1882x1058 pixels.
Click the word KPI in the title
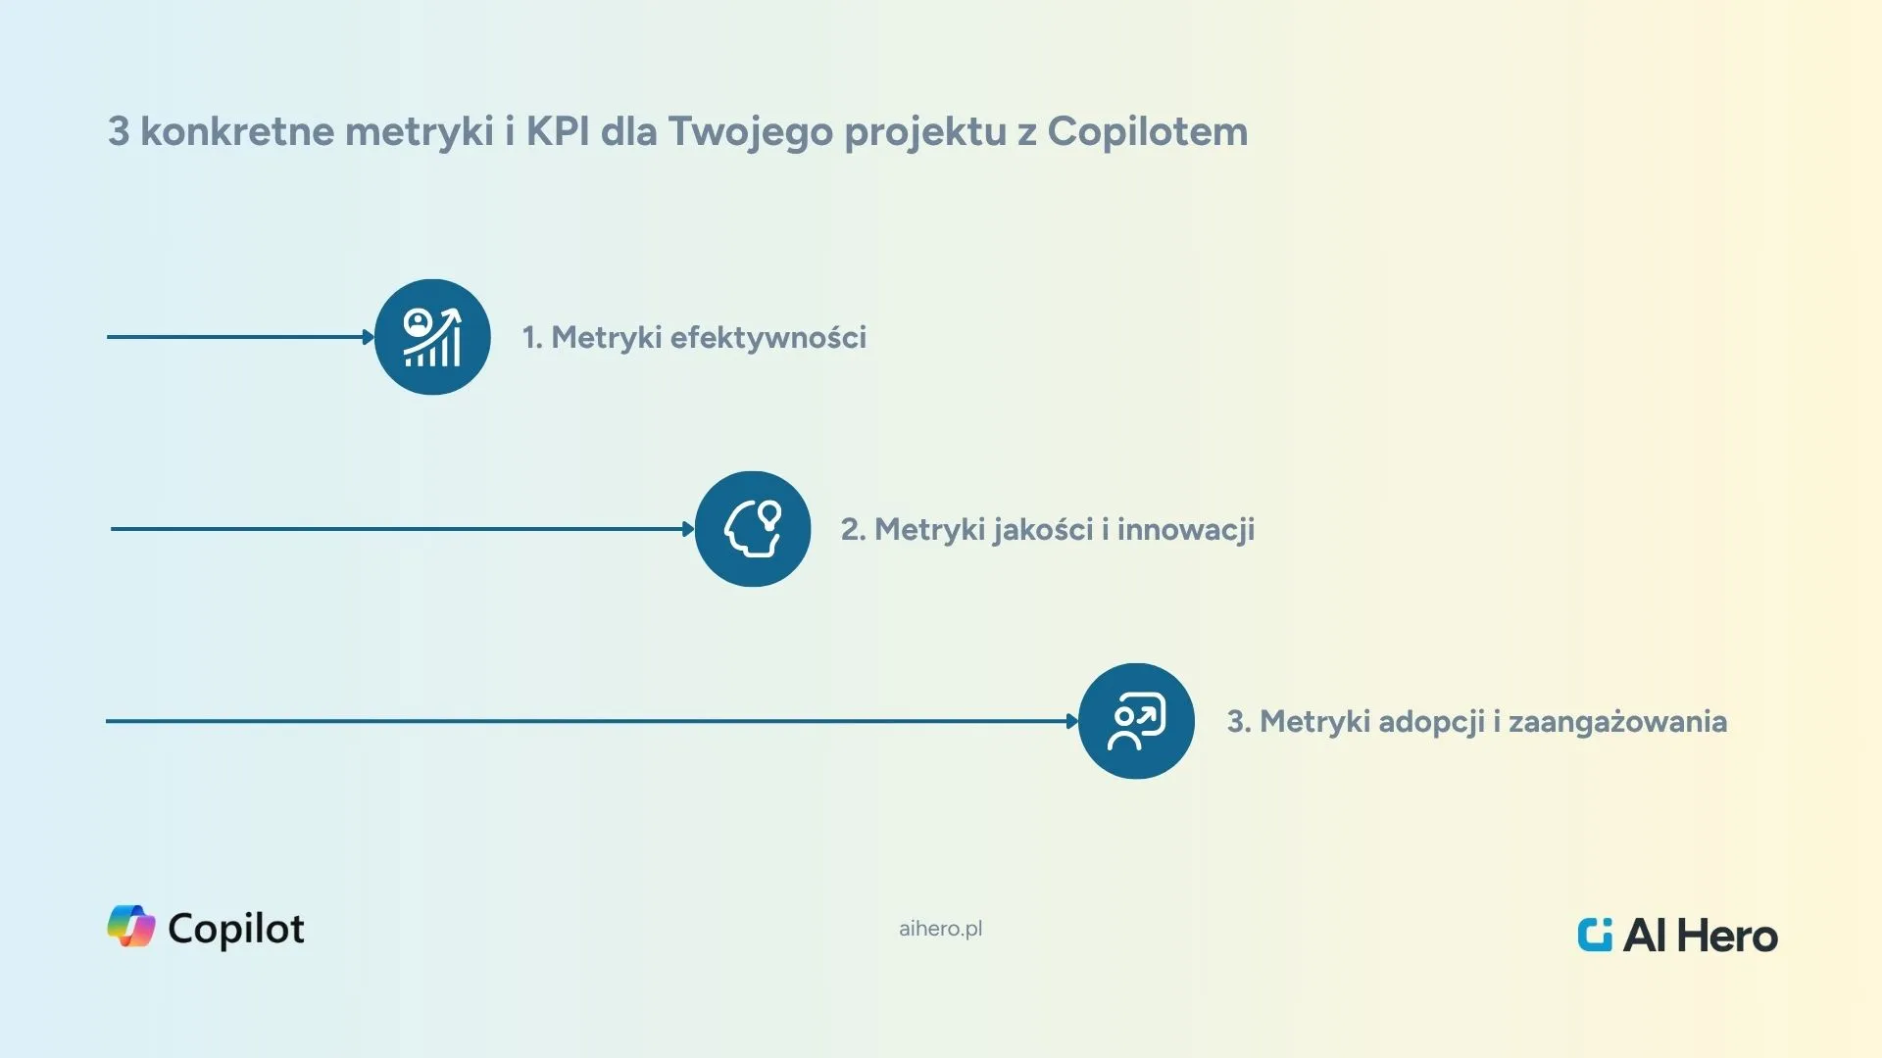558,131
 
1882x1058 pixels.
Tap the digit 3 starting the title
119,131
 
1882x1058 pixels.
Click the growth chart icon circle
432,337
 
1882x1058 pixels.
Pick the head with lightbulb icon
753,529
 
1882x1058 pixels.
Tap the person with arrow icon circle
1136,721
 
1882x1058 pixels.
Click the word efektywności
768,338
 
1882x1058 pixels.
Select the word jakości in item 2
1042,530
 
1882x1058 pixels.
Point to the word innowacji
1186,530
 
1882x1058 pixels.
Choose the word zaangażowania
1617,722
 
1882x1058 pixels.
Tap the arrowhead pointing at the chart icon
369,337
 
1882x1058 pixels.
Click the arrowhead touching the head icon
689,529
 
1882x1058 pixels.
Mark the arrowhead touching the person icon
1072,721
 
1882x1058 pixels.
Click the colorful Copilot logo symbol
131,926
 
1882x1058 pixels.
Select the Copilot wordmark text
236,929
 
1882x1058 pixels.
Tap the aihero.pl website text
940,929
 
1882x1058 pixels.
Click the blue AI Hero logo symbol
1595,935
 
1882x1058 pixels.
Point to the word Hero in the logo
1726,937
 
